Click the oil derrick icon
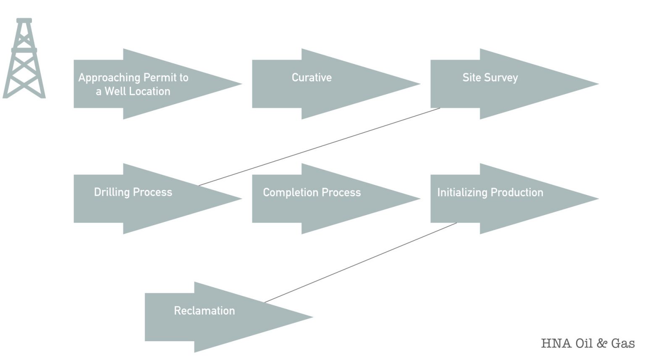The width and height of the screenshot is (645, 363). tap(24, 58)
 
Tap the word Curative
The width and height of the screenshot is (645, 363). tap(312, 78)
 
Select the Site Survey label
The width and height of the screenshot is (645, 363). tap(490, 78)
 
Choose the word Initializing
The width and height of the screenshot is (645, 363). tap(462, 192)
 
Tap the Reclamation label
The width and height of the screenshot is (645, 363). tap(205, 311)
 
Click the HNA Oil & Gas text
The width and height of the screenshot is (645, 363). tap(587, 343)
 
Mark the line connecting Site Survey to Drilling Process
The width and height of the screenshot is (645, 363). tap(319, 147)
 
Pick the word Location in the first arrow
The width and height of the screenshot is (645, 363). tap(149, 92)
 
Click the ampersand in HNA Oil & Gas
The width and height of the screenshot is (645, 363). tap(602, 343)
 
